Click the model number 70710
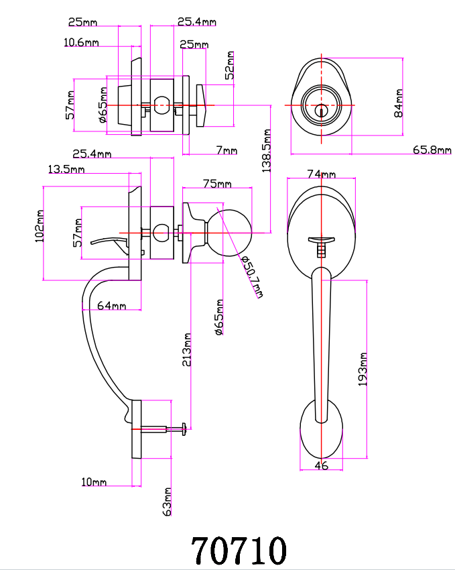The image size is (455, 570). pos(239,550)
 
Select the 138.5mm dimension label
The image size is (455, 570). pos(267,151)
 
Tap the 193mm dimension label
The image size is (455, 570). pos(363,369)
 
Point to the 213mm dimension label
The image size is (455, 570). pos(186,349)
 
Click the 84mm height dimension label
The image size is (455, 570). pos(398,103)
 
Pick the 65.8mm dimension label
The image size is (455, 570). pos(432,150)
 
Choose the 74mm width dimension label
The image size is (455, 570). pos(322,174)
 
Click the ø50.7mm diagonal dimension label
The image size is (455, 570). pos(252,276)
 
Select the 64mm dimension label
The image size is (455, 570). pos(111,305)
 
